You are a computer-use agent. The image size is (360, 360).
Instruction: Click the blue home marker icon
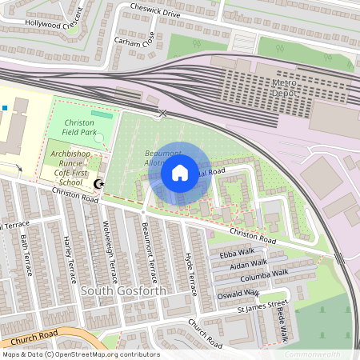click(180, 173)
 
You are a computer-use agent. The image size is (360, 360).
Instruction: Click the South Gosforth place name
click(124, 290)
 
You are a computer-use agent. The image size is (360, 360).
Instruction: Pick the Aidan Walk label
click(249, 262)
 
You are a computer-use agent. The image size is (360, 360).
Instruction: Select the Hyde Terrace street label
click(191, 268)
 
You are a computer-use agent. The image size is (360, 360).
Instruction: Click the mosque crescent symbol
click(99, 185)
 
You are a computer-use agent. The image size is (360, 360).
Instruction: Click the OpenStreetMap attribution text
click(80, 354)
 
